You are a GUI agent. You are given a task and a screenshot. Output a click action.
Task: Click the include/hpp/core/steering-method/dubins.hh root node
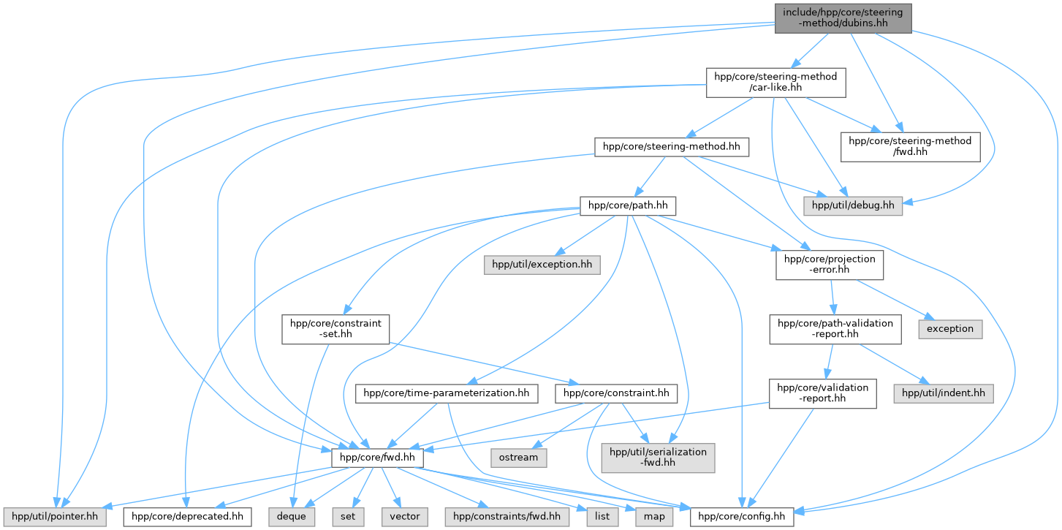click(843, 18)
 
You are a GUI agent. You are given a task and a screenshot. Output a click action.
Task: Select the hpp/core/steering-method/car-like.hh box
click(775, 83)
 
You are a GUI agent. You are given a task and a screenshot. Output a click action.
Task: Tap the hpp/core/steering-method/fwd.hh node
click(910, 147)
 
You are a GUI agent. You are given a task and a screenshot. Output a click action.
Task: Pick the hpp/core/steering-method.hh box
click(672, 147)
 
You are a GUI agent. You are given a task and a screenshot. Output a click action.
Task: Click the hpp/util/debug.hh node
click(853, 205)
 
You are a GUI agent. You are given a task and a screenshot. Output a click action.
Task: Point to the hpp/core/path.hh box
click(628, 205)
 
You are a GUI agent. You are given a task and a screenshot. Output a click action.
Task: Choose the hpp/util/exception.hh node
click(542, 265)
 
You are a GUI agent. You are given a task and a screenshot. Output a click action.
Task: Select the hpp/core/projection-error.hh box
click(830, 265)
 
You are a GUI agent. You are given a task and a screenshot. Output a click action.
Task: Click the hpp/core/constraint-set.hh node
click(335, 329)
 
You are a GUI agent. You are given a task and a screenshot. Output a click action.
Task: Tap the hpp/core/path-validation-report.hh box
click(835, 329)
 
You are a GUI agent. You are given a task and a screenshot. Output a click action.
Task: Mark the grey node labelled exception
click(950, 329)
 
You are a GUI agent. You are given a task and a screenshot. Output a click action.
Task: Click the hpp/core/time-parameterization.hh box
click(447, 393)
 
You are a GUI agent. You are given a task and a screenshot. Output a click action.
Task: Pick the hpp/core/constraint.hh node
click(616, 393)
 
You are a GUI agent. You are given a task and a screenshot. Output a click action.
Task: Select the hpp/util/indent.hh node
click(944, 393)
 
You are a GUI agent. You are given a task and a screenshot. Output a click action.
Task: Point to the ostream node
click(519, 458)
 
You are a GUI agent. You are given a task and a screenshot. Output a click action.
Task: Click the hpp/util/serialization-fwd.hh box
click(658, 458)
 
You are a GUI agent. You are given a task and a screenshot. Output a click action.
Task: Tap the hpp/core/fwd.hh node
click(377, 458)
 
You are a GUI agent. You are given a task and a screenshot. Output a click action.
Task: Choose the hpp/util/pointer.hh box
click(55, 517)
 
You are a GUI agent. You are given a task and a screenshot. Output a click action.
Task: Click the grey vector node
click(405, 517)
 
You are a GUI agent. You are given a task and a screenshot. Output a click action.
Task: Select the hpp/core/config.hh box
click(742, 517)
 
